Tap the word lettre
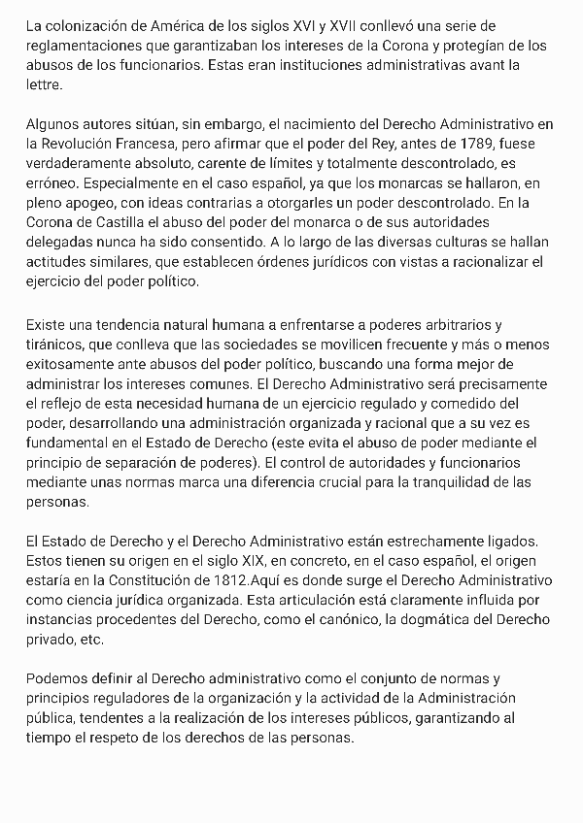pos(44,84)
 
